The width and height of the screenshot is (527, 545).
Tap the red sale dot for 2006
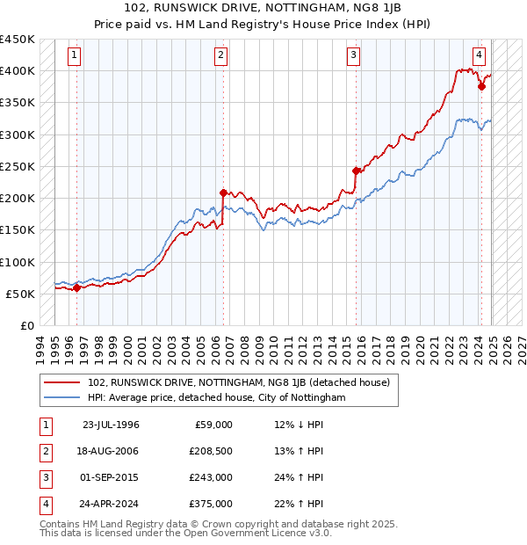point(223,193)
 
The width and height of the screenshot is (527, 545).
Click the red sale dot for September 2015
point(356,171)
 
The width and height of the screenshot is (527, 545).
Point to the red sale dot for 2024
point(481,86)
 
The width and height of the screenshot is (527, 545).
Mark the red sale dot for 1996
point(76,287)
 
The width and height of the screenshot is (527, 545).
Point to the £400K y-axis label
point(18,71)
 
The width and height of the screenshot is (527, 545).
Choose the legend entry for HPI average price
point(215,398)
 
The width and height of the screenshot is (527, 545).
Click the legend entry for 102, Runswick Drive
point(240,382)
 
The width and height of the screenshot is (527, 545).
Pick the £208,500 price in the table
point(211,451)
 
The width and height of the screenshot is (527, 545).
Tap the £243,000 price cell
point(211,477)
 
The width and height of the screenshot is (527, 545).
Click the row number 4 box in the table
point(45,504)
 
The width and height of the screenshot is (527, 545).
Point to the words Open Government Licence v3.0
point(256,533)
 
